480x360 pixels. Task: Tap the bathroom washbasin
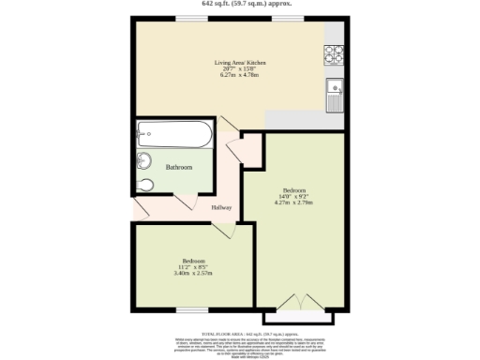tap(144, 160)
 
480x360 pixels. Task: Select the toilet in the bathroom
tap(145, 184)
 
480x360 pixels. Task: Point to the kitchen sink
tap(335, 94)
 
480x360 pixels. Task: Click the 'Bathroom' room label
tap(179, 167)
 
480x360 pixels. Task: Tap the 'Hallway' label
tap(221, 207)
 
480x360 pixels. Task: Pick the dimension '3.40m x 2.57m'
tap(193, 274)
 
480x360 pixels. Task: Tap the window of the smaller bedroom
tap(192, 308)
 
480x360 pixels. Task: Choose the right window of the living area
tap(286, 18)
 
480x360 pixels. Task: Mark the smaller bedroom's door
tap(223, 231)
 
